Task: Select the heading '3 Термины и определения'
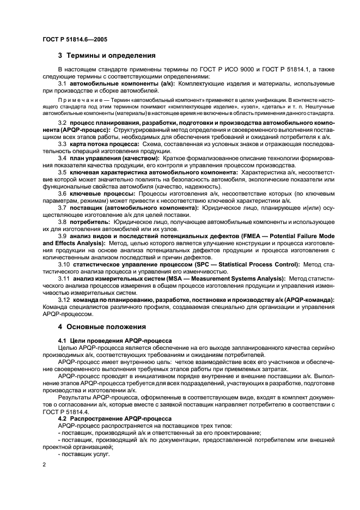pos(107,56)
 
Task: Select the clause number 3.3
pos(63,143)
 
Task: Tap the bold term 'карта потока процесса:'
pos(103,143)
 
